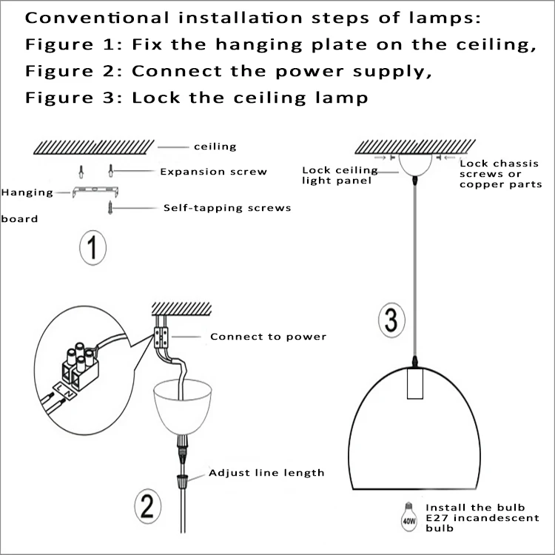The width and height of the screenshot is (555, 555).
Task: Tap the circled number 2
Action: point(147,507)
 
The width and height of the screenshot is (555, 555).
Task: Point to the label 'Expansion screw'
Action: point(213,172)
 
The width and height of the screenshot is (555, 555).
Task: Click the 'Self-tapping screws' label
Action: point(226,208)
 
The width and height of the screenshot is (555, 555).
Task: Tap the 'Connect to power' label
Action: point(268,337)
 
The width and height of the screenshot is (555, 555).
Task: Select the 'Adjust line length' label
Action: point(266,472)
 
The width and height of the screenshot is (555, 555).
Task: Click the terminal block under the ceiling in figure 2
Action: point(161,338)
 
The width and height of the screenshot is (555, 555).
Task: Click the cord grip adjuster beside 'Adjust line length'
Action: point(181,482)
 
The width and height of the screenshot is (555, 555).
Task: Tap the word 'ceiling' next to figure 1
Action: point(215,147)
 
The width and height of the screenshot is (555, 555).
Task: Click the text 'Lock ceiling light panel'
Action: point(340,175)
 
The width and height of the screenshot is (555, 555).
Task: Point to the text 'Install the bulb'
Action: point(475,508)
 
